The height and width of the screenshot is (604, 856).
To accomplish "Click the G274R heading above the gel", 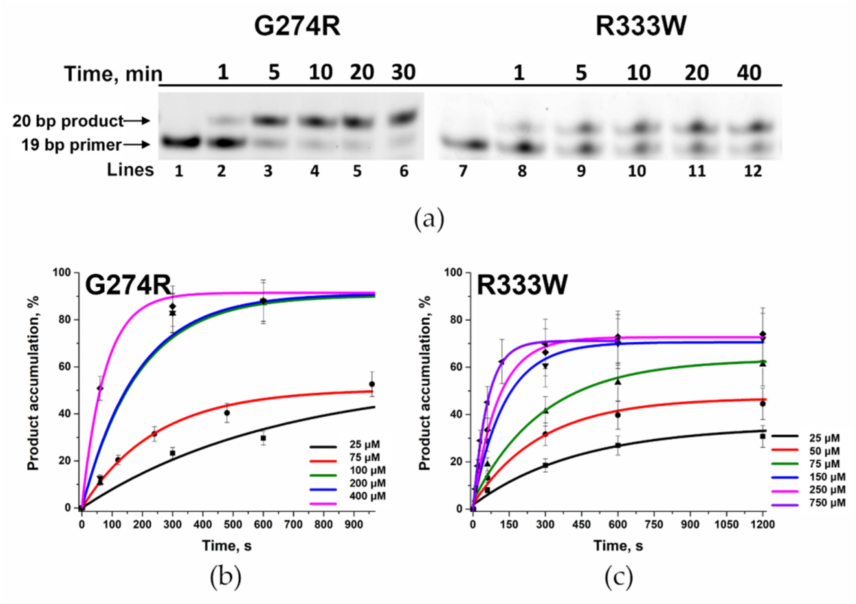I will point(297,27).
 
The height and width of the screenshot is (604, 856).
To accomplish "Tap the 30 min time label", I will point(403,72).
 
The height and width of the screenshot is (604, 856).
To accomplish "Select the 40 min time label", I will point(749,72).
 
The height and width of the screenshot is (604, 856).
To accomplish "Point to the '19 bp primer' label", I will point(71,145).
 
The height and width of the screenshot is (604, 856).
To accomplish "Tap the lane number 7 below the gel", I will point(463,171).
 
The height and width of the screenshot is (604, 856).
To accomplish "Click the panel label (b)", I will point(225,579).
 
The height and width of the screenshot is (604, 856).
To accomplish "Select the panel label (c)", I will point(618,579).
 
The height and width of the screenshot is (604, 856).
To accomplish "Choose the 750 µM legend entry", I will point(827,503).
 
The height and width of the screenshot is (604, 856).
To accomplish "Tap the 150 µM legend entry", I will point(827,477).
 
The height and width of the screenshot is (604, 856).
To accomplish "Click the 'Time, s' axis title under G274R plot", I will point(227,546).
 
